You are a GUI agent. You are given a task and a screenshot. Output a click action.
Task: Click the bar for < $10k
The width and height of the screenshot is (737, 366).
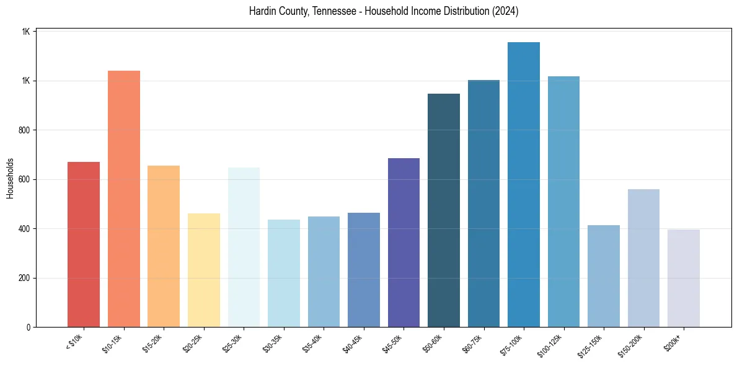(84, 244)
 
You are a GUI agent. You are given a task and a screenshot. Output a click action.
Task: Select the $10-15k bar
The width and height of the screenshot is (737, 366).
(124, 199)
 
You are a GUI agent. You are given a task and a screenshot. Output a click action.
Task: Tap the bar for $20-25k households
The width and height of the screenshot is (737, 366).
(204, 270)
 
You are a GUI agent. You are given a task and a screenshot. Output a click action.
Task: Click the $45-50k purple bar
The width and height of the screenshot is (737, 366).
(404, 243)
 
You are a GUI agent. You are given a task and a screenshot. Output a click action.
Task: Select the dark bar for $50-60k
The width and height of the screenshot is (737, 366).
(444, 210)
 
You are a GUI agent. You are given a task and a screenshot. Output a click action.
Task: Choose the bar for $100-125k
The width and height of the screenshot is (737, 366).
(563, 202)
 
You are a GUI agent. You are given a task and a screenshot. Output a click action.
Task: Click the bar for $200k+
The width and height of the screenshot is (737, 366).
(684, 279)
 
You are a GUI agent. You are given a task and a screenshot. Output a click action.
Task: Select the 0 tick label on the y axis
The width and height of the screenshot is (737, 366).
(29, 327)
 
